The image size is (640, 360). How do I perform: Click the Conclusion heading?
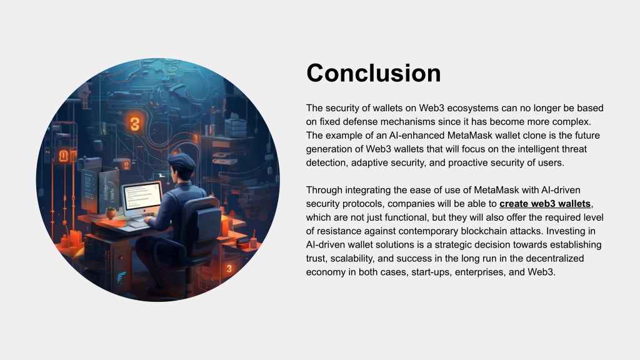[374, 73]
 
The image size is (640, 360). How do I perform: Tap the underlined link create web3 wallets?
[545, 204]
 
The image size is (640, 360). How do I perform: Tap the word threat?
[574, 149]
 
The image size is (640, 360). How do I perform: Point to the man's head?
[181, 165]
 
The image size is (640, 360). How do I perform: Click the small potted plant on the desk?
[111, 212]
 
